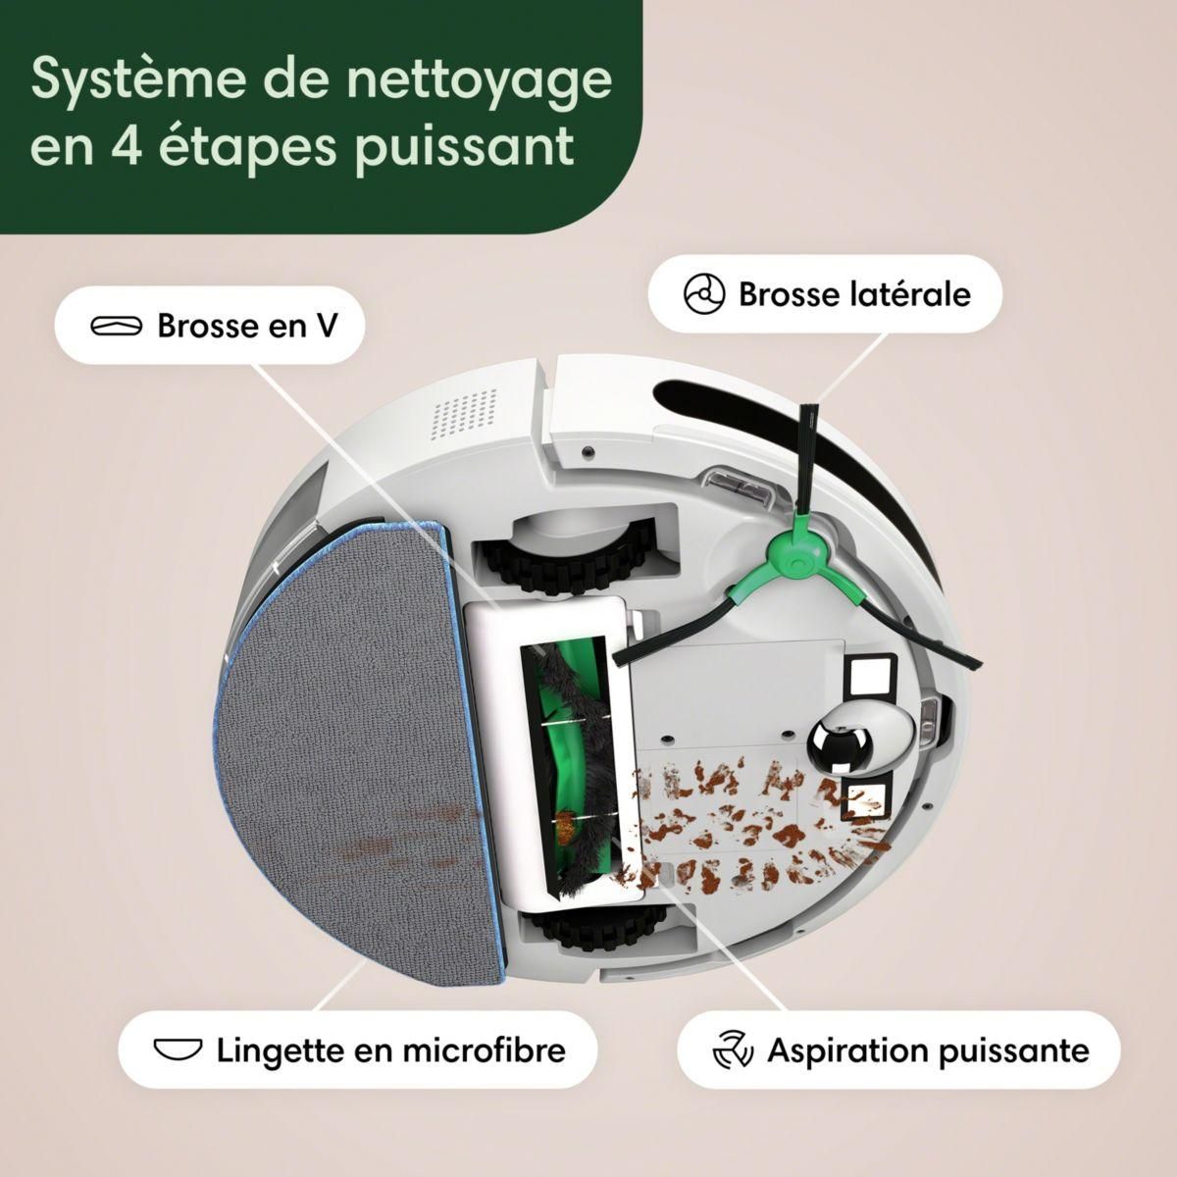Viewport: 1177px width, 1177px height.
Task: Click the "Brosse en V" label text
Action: click(247, 326)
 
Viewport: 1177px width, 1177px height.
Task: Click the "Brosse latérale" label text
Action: click(854, 293)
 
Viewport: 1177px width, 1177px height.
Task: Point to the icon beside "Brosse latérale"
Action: click(704, 294)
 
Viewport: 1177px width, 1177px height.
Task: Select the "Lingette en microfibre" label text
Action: click(391, 1050)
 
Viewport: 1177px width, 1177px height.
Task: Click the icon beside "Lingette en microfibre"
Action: click(178, 1050)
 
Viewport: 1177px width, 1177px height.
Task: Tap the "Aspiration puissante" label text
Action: click(928, 1050)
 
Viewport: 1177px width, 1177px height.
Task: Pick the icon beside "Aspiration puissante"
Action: click(732, 1050)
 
